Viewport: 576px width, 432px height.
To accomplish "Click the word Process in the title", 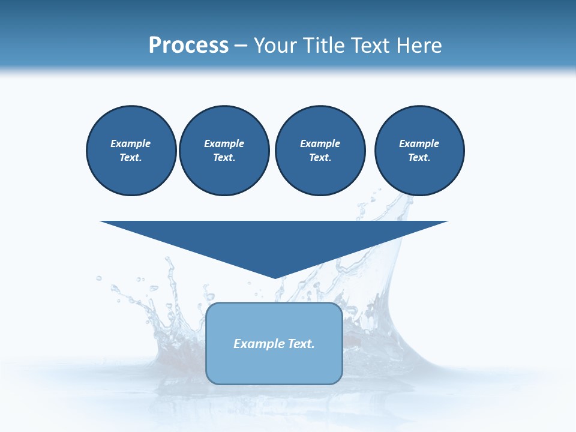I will point(188,46).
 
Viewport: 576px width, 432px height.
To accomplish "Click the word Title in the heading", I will point(326,46).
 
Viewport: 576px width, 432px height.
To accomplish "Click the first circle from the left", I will point(131,151).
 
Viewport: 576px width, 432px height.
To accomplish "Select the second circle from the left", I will point(224,151).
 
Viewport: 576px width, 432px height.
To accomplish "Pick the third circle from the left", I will point(320,151).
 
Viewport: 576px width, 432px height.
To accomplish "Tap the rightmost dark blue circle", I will point(419,151).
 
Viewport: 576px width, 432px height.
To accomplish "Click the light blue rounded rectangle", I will point(274,366).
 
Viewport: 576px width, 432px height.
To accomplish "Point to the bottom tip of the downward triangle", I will point(275,277).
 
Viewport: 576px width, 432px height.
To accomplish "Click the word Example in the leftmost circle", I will point(131,143).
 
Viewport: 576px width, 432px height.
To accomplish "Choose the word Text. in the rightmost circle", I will point(419,158).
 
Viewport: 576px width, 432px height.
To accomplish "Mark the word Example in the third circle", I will point(320,143).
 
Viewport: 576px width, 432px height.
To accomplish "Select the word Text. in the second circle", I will point(224,158).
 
